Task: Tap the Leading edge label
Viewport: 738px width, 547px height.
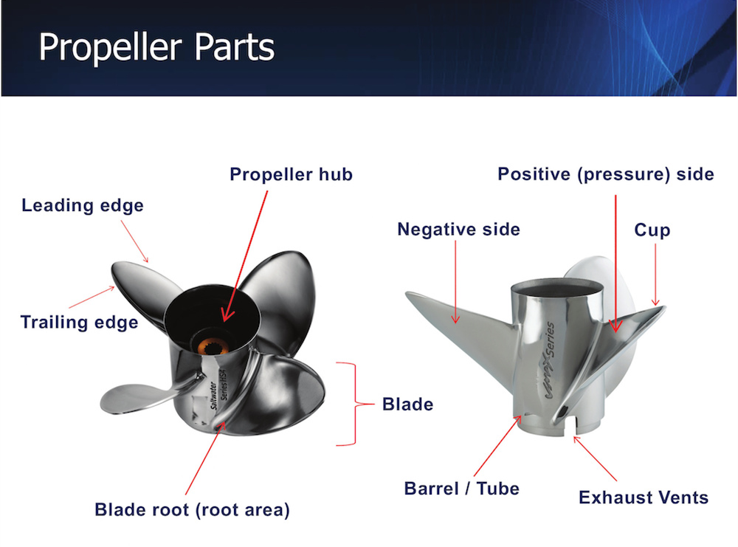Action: tap(83, 206)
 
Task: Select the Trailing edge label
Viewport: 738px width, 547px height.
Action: tap(79, 323)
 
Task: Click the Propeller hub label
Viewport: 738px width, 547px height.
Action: tap(291, 175)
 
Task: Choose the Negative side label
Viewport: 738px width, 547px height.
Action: tap(458, 230)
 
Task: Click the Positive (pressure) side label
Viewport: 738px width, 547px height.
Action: tap(605, 174)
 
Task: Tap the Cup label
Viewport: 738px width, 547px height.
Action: tap(652, 230)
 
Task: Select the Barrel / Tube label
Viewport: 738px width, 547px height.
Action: tap(462, 489)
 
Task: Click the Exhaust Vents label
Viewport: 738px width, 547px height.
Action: tap(644, 498)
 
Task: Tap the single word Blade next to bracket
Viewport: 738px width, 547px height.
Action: tap(407, 405)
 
